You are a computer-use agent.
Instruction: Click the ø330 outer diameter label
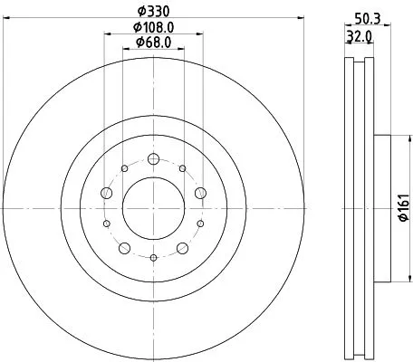point(152,12)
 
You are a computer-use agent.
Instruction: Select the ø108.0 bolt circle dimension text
point(152,26)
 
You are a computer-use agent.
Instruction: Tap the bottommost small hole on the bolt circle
point(152,258)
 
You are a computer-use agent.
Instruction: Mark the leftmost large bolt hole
point(106,193)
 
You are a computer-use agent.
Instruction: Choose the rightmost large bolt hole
point(199,193)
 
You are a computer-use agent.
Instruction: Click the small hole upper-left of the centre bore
point(124,167)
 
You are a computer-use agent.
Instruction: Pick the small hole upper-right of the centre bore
point(182,167)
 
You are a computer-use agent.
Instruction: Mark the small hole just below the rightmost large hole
point(200,224)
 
